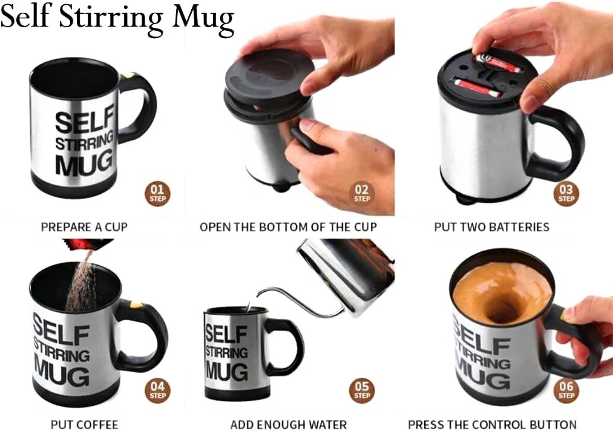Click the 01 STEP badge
pyautogui.click(x=157, y=194)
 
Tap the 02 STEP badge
pyautogui.click(x=362, y=194)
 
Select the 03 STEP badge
pyautogui.click(x=566, y=194)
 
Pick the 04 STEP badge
pyautogui.click(x=157, y=390)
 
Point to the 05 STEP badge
pyautogui.click(x=362, y=390)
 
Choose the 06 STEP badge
pyautogui.click(x=566, y=390)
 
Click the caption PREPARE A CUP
pyautogui.click(x=85, y=227)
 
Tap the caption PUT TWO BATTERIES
pyautogui.click(x=492, y=227)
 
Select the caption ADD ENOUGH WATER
pyautogui.click(x=289, y=424)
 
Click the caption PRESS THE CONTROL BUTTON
pyautogui.click(x=492, y=424)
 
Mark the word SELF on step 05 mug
pyautogui.click(x=226, y=334)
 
